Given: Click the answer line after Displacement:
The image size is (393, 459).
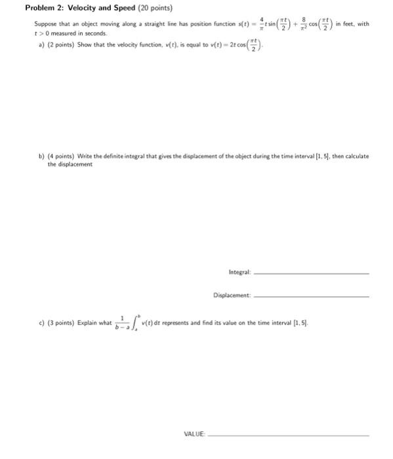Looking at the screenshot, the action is pyautogui.click(x=311, y=296).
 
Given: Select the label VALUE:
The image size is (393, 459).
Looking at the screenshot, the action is pyautogui.click(x=195, y=433).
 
